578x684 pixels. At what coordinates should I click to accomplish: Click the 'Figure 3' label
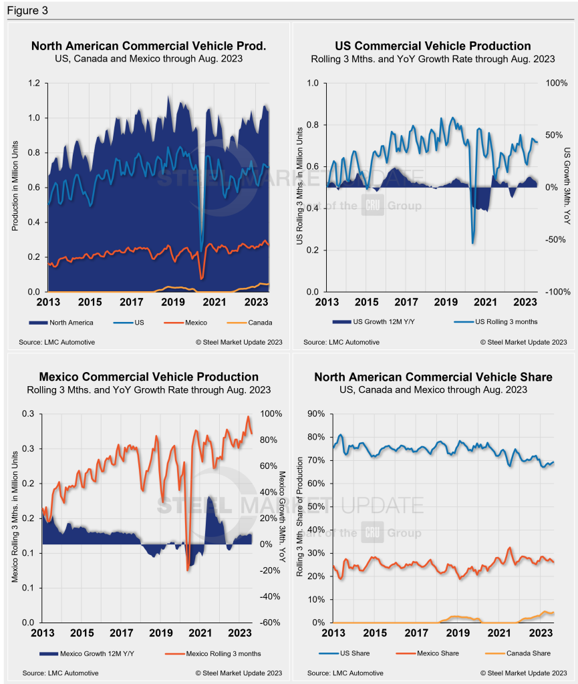pos(27,11)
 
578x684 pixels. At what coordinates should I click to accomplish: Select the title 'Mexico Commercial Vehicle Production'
pos(145,377)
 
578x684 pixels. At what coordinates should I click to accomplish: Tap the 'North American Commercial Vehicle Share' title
pos(433,377)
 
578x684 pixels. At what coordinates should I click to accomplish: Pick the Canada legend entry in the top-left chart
pos(257,323)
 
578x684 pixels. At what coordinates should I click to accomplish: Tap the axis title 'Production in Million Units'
pos(15,188)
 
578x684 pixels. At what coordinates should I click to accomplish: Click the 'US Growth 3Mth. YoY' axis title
pos(568,187)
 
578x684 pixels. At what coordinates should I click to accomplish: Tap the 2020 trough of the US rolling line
pos(473,243)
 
